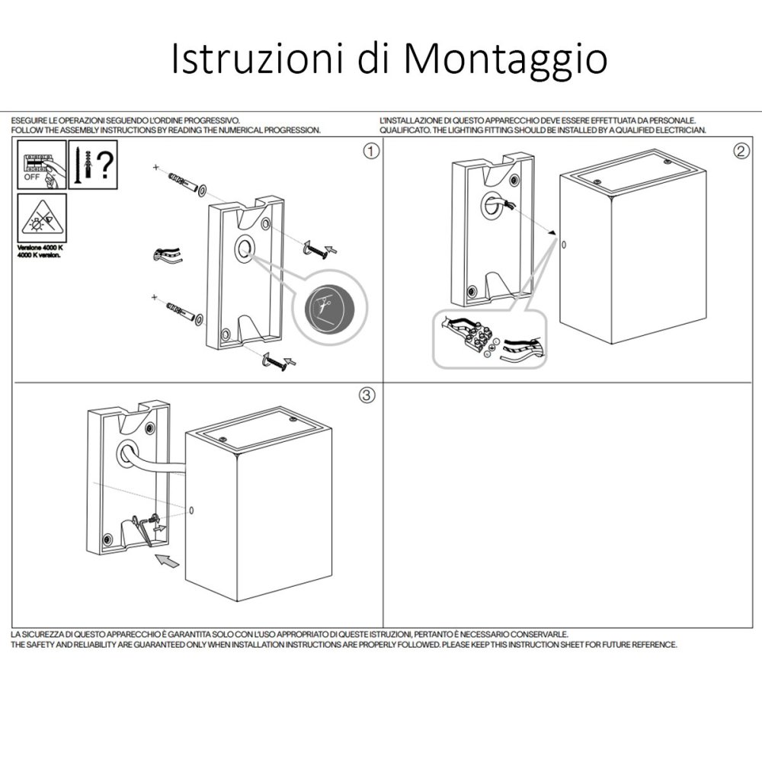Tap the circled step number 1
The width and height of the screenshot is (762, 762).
point(370,150)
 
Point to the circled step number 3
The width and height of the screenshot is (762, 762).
point(367,395)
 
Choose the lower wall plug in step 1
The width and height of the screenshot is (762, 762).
point(180,312)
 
